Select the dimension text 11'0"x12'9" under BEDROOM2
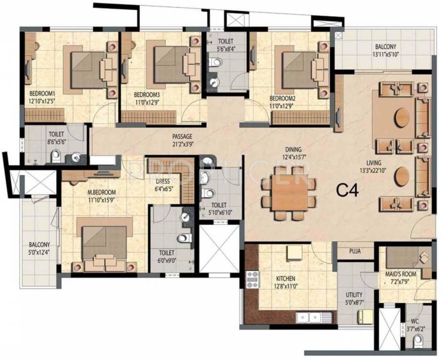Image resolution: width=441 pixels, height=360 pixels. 281,105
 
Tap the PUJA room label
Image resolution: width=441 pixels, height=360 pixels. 355,251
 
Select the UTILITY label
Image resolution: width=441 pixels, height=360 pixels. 354,295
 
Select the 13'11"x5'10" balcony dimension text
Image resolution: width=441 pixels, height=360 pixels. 385,54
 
